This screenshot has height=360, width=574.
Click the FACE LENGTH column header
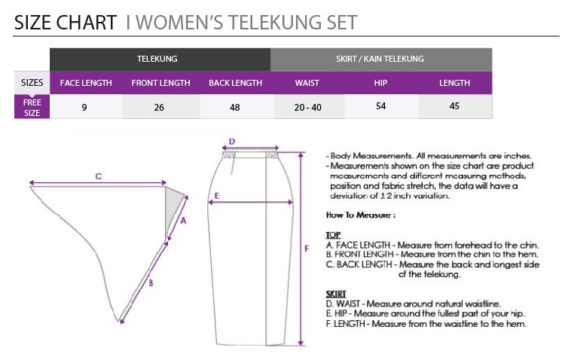tap(86, 83)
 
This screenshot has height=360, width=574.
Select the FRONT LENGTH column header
tap(160, 83)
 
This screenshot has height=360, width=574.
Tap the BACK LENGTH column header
tap(235, 83)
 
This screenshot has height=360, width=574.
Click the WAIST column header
tap(307, 83)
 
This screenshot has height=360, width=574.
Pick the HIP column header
tap(380, 83)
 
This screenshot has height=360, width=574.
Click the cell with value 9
tap(84, 107)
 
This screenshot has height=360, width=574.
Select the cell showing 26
tap(159, 107)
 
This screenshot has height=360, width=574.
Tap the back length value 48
tap(235, 107)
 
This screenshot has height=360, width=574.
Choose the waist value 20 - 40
tap(308, 107)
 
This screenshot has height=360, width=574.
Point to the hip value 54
tap(380, 106)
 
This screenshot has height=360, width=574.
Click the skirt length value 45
tap(454, 106)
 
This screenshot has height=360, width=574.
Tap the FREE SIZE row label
tap(32, 108)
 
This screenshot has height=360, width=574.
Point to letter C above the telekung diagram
tap(99, 176)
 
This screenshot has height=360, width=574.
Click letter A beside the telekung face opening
tap(183, 221)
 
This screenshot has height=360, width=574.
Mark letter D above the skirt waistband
tap(232, 142)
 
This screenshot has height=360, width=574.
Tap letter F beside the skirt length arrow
tap(307, 249)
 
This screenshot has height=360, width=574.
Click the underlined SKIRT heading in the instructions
tap(336, 294)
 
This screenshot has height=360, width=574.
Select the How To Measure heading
tap(361, 215)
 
